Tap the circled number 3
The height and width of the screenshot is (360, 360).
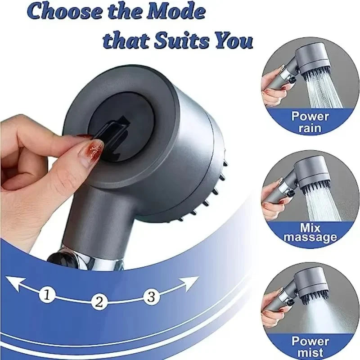click(x=151, y=296)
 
